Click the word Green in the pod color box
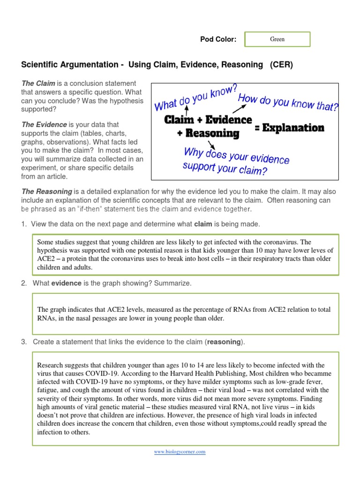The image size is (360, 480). (x=277, y=39)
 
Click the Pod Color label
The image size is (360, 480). (x=218, y=39)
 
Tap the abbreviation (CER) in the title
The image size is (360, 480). (x=281, y=65)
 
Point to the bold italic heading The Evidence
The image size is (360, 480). (x=44, y=125)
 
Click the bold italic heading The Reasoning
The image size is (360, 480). (x=47, y=192)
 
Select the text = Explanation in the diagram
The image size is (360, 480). (x=289, y=127)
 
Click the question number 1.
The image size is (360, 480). (x=23, y=225)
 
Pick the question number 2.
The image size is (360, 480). (x=23, y=284)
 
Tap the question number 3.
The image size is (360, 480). (x=23, y=342)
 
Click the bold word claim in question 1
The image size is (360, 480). (x=203, y=225)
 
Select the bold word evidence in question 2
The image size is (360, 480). (x=66, y=284)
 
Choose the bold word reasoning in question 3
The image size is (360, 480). (x=224, y=342)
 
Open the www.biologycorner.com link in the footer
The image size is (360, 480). (x=180, y=452)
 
